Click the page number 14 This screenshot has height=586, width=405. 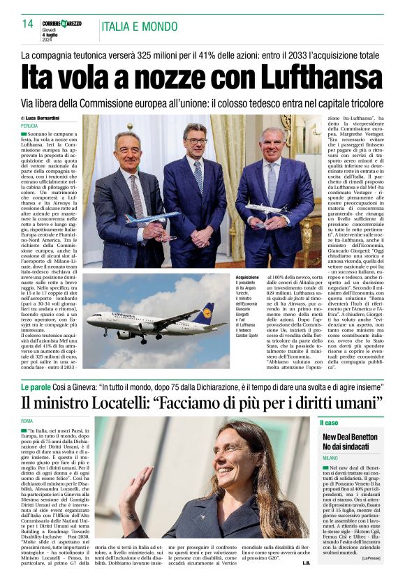(x=28, y=24)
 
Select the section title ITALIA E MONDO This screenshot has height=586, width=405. (x=140, y=27)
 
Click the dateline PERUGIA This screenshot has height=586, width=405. (x=29, y=126)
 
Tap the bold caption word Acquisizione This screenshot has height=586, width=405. (x=246, y=277)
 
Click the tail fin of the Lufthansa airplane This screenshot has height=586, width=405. (x=207, y=312)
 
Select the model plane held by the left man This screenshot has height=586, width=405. (x=149, y=218)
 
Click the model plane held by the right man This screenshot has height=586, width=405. (x=265, y=209)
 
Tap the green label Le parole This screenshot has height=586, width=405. (x=35, y=386)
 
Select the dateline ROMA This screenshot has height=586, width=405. (x=27, y=421)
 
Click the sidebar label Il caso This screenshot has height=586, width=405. (x=329, y=423)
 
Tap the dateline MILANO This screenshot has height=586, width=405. (x=330, y=458)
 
